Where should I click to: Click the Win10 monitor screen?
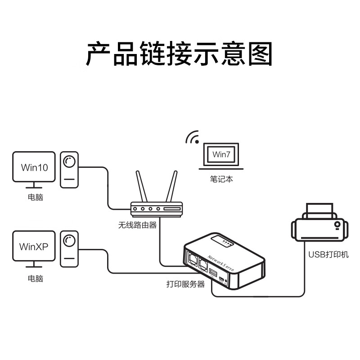(34, 167)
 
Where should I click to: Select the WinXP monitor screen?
(34, 247)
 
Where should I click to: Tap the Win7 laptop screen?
(220, 155)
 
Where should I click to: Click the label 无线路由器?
(137, 225)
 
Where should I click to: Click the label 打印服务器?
(185, 284)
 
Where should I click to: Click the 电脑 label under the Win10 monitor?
(35, 197)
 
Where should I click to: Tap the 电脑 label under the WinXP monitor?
(35, 278)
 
